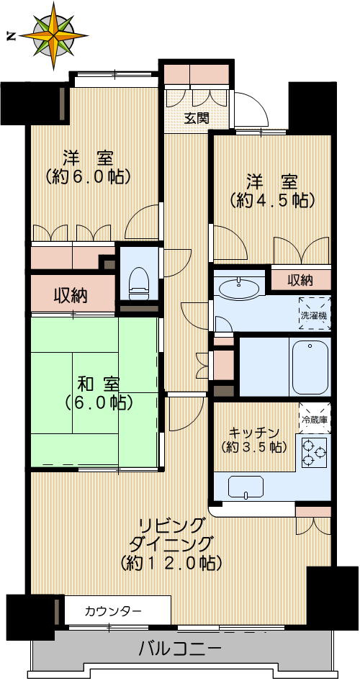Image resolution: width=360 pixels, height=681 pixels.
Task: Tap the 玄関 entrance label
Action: pos(188,118)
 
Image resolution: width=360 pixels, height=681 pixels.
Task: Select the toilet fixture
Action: pos(138,284)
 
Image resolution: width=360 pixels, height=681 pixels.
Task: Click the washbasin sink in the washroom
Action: pos(239,289)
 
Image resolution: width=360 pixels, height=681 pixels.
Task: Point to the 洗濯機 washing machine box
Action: pos(315,310)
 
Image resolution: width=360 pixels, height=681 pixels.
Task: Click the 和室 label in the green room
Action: pos(94,383)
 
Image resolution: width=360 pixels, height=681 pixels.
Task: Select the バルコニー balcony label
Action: pos(180,649)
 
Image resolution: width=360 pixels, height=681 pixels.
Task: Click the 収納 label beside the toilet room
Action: pos(71,295)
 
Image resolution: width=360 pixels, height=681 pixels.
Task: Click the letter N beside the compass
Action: pos(10,35)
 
